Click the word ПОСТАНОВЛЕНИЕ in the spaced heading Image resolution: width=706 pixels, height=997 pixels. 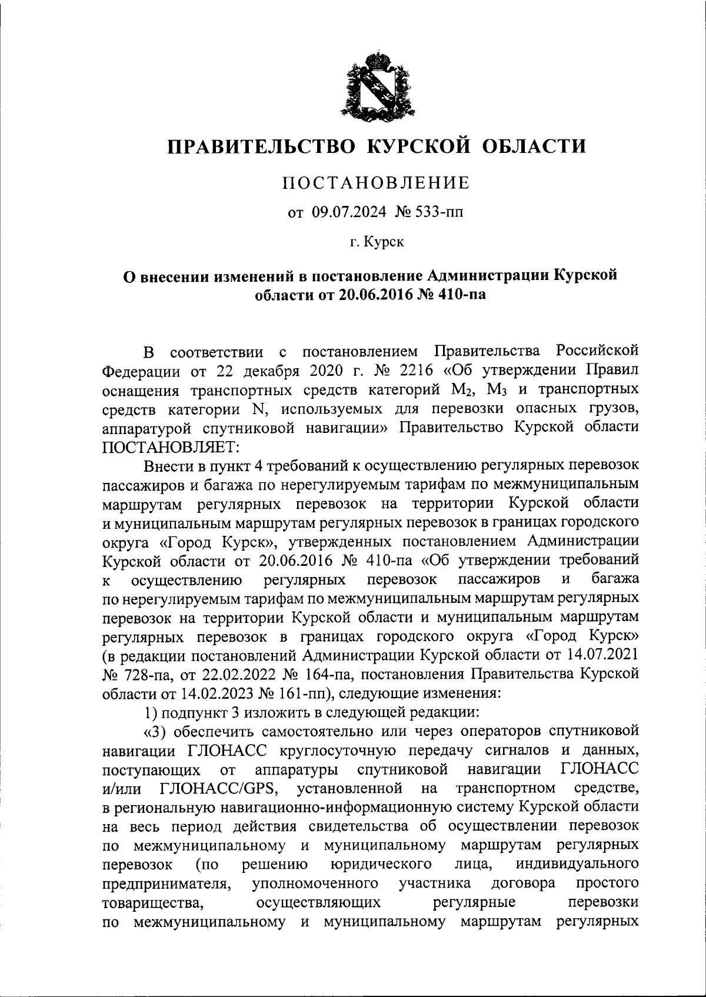(376, 183)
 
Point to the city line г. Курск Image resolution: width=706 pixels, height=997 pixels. (377, 242)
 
